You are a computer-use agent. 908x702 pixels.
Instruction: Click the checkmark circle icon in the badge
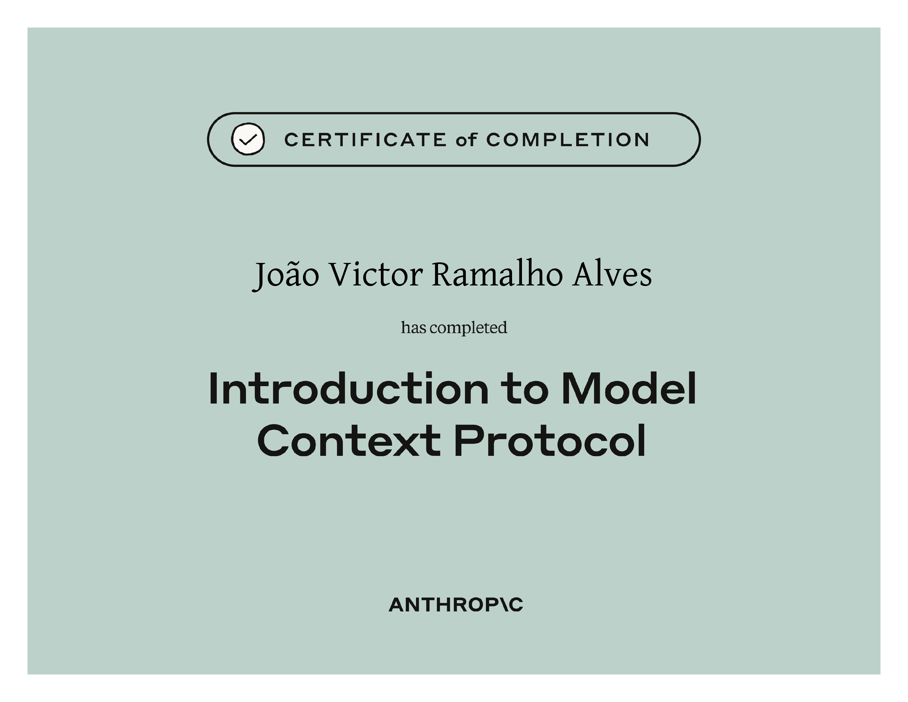tap(248, 139)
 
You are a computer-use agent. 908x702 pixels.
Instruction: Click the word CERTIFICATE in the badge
tap(365, 140)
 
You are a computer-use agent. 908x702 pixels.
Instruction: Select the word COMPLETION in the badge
tap(568, 140)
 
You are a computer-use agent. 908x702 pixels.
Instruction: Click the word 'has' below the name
tap(414, 327)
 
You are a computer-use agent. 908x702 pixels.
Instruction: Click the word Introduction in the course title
tap(348, 388)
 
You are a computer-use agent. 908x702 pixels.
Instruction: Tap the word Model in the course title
tap(629, 388)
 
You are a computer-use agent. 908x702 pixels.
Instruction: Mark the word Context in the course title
tap(349, 440)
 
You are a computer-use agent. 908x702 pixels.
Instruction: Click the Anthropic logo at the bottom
tap(456, 605)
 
